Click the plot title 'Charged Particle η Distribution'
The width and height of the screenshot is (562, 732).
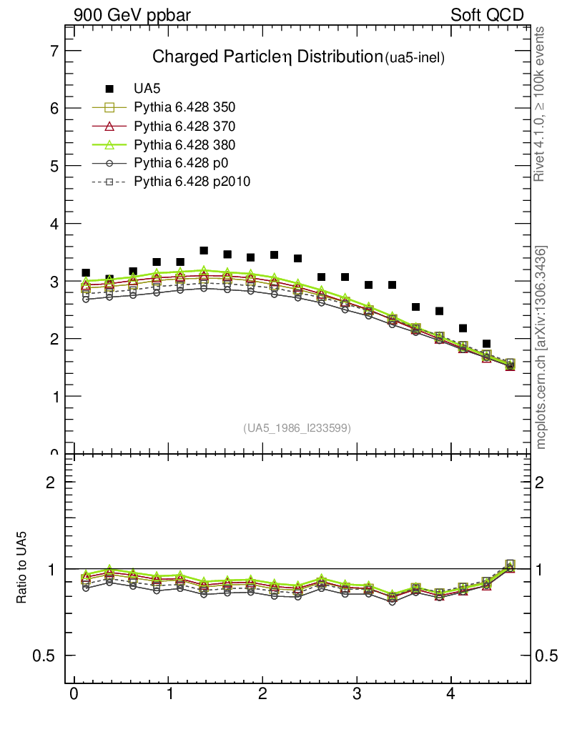[x=267, y=57]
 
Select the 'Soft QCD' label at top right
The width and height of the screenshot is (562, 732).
[x=487, y=15]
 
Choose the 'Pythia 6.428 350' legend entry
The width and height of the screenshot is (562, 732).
[x=184, y=108]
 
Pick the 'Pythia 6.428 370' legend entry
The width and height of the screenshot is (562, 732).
[x=184, y=127]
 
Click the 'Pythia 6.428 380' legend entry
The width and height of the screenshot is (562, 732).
[x=184, y=144]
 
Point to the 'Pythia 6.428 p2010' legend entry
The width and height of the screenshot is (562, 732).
[x=192, y=182]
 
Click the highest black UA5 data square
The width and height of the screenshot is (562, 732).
[x=204, y=251]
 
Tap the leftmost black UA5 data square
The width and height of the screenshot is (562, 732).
[x=86, y=273]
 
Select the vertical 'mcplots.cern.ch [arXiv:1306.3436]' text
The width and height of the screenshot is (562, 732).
[x=541, y=347]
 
